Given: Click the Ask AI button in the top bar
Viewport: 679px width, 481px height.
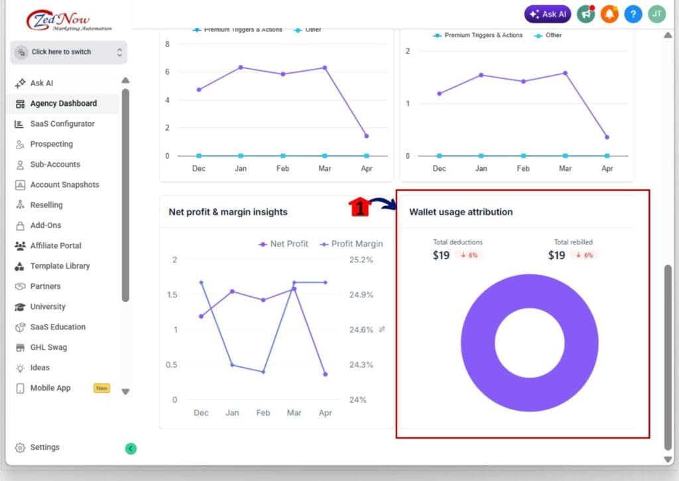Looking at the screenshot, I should click(x=548, y=14).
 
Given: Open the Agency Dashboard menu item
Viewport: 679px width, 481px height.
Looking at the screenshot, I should click(x=63, y=103).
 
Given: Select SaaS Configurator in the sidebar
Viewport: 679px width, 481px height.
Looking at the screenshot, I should click(x=62, y=124).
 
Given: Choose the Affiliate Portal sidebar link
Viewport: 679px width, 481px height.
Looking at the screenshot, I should click(x=55, y=246).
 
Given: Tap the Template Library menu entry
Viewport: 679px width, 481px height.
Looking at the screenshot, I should click(x=59, y=266).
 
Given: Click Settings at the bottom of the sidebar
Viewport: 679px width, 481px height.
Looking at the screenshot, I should click(x=44, y=447).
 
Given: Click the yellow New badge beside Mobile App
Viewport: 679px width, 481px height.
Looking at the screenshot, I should click(x=101, y=388).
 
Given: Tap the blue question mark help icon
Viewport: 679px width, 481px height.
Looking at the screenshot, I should click(x=633, y=14).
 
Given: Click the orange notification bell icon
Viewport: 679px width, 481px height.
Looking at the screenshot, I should click(x=609, y=14).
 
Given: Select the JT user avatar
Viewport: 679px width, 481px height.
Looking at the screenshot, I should click(x=656, y=14).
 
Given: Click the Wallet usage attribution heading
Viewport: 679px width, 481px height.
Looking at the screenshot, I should click(x=461, y=212).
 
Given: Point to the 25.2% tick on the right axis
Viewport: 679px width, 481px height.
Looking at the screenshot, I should click(x=361, y=260).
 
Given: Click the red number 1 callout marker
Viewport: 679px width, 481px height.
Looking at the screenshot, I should click(x=359, y=207).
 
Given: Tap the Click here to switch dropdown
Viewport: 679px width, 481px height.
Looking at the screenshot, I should click(x=68, y=52).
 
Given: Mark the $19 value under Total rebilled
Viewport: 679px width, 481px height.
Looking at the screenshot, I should click(x=557, y=255).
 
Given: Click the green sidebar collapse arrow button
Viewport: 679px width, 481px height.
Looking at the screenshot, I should click(x=131, y=449).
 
